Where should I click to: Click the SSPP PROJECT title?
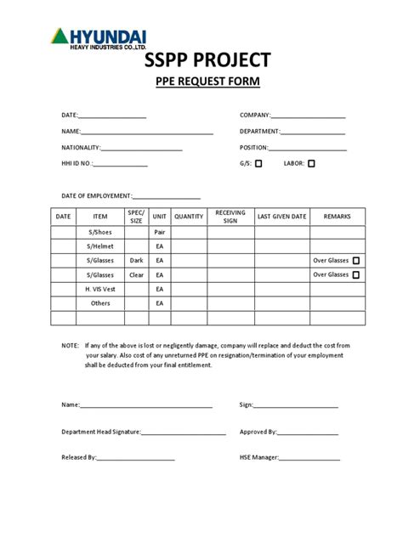tap(201, 59)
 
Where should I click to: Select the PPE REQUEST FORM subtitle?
tap(201, 82)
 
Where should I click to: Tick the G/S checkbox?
tap(258, 164)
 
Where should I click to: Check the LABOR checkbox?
tap(311, 164)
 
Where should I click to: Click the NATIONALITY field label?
tap(81, 148)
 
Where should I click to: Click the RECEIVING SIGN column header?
tap(230, 217)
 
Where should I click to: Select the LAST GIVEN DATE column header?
tap(281, 217)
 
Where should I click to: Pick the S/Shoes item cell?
tap(100, 232)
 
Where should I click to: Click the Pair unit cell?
tap(160, 232)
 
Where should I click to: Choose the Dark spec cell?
tap(136, 260)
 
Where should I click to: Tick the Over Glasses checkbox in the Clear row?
tap(355, 274)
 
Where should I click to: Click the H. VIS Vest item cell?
tap(100, 289)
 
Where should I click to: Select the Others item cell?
tap(100, 302)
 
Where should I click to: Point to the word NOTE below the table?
tap(69, 346)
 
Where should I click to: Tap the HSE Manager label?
tap(259, 457)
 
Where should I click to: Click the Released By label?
tap(78, 457)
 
